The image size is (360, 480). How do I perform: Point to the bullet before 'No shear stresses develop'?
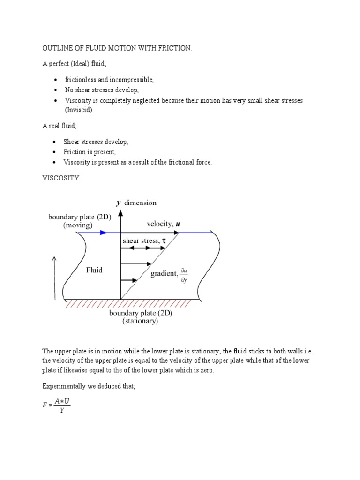click(x=56, y=90)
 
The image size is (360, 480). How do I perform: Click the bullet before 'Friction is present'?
click(x=56, y=152)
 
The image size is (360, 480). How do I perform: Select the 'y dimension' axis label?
click(x=136, y=203)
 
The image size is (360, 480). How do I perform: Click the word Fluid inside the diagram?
click(x=94, y=270)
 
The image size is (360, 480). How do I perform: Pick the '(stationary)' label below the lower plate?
click(x=140, y=322)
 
